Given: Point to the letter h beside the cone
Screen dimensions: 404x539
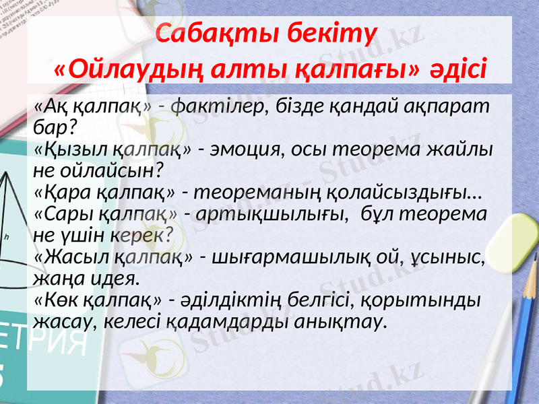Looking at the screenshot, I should click(6, 236).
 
